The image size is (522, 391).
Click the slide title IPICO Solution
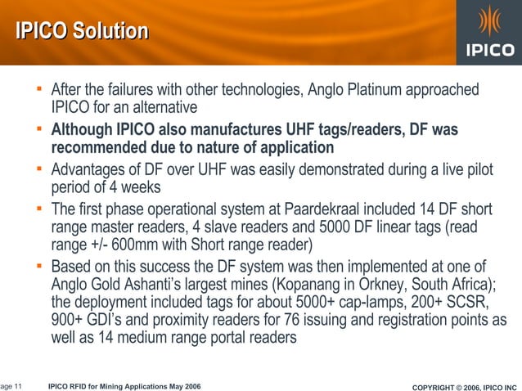coord(82,32)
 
